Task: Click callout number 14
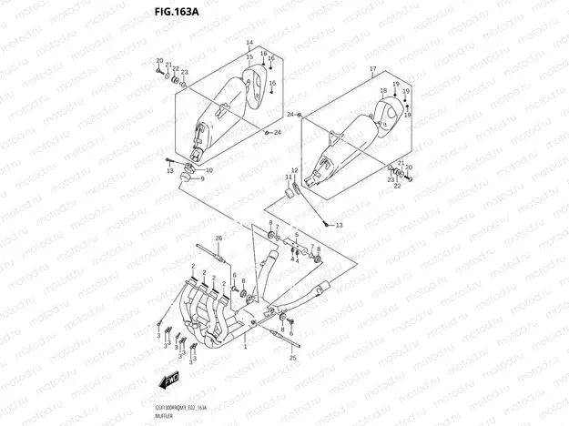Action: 249,43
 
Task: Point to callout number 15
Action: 249,56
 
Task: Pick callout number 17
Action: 372,70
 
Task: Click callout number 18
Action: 381,90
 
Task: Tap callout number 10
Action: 209,170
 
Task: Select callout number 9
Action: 202,179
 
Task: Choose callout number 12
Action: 294,170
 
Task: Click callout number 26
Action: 218,237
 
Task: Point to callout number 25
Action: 293,359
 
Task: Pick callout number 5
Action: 296,235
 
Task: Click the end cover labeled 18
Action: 392,111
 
